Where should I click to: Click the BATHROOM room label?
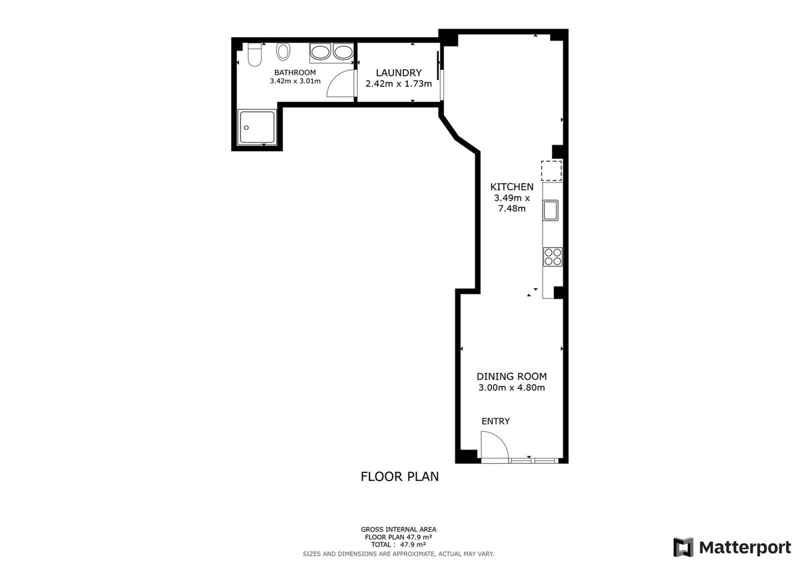pos(295,73)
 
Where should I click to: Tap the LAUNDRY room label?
pos(399,73)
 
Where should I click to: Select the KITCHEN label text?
pos(511,187)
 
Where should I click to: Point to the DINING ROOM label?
pos(511,376)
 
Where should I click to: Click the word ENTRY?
pos(495,421)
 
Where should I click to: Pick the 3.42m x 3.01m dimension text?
pos(295,81)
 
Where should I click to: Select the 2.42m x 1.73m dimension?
pos(399,83)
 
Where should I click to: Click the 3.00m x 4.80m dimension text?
pos(511,388)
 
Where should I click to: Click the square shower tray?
pos(257,127)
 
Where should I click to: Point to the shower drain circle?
pos(246,127)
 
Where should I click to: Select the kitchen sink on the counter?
pos(551,211)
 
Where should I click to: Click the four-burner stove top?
pos(553,257)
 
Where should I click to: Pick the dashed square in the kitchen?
pos(551,171)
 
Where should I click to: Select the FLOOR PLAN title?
pos(399,476)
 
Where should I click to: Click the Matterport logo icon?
pos(683,547)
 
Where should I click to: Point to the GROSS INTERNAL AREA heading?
pos(399,529)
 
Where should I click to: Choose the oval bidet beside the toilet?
pos(283,52)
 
